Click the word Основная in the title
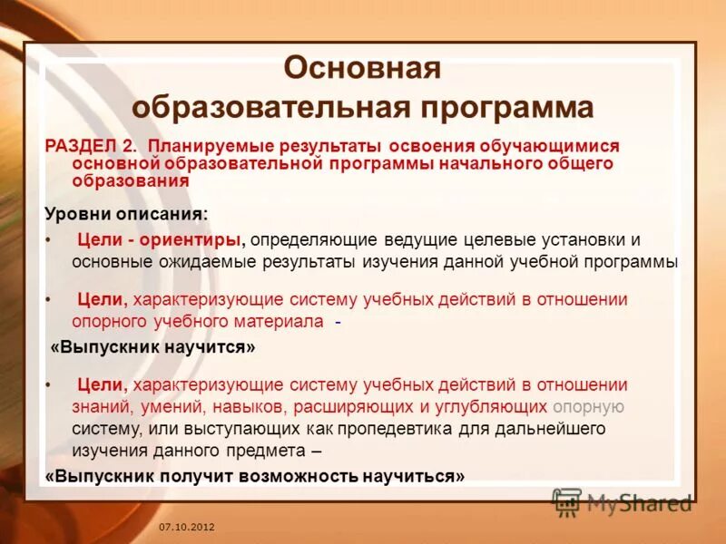(x=362, y=68)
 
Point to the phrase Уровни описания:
(x=125, y=214)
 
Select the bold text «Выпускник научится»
(x=152, y=346)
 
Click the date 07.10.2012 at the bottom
(x=187, y=527)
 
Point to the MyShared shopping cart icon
(x=567, y=501)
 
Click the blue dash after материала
(x=338, y=322)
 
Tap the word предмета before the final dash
(x=255, y=450)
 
